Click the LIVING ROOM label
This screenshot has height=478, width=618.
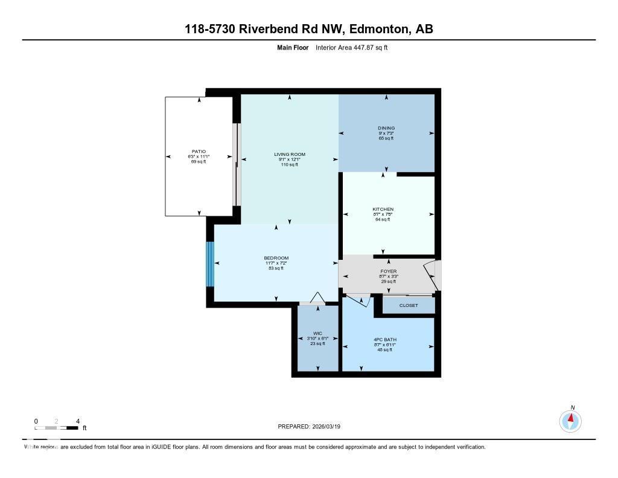click(290, 155)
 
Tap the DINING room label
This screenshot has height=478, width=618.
click(386, 128)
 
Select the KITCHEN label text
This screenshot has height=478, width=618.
click(383, 209)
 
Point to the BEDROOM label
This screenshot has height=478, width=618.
click(276, 258)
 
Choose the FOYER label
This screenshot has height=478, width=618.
click(389, 271)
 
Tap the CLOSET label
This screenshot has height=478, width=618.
click(409, 306)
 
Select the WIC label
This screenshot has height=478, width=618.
click(317, 334)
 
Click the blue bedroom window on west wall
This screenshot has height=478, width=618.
click(210, 264)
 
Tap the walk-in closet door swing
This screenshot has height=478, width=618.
click(316, 297)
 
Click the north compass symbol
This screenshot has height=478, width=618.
click(570, 420)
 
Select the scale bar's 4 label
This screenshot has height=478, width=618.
click(77, 421)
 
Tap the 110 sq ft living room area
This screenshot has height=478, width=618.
click(290, 164)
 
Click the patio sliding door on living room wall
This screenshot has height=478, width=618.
click(237, 164)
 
